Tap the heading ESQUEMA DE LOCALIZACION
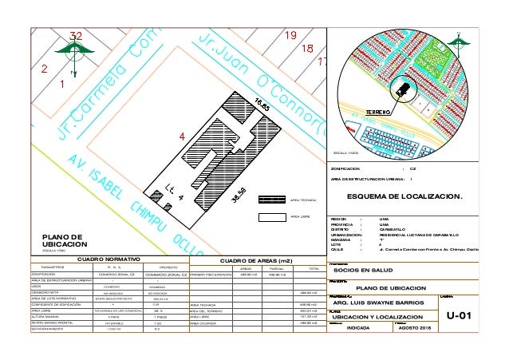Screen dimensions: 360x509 (x=407, y=193)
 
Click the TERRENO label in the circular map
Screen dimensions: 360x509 (x=378, y=112)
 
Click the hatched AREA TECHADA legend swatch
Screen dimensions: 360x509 (x=273, y=199)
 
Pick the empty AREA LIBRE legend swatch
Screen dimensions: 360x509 (x=273, y=216)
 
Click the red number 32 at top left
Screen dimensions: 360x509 (x=75, y=36)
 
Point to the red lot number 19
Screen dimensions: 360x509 (x=290, y=35)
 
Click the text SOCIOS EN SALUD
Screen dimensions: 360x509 (x=359, y=271)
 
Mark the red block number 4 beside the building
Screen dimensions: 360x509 (x=181, y=136)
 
